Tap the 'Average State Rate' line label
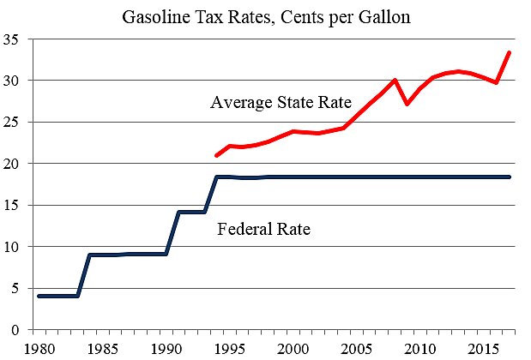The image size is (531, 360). [x=281, y=103]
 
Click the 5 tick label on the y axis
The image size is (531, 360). [x=15, y=289]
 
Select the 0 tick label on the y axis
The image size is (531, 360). [x=15, y=330]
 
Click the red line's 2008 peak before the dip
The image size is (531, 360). [x=394, y=81]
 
